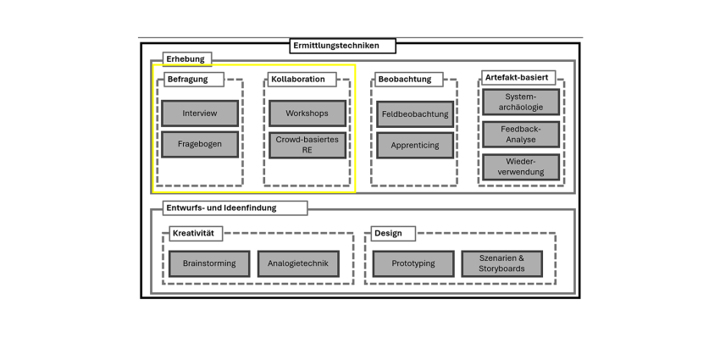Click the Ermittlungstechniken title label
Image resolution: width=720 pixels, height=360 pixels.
(342, 46)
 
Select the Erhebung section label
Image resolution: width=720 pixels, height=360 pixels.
(187, 59)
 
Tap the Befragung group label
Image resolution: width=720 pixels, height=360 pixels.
(194, 80)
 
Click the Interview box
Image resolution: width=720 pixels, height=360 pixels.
(200, 114)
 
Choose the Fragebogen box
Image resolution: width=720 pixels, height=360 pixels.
(200, 144)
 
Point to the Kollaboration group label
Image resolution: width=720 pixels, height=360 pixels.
(302, 80)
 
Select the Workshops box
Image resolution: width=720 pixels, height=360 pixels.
(307, 114)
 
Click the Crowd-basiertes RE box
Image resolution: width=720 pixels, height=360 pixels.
(307, 145)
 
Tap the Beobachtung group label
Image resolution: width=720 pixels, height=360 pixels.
(409, 80)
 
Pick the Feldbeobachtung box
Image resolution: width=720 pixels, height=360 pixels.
(415, 114)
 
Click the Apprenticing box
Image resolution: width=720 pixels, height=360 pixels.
(415, 146)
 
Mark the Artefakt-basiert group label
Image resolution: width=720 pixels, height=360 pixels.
(518, 78)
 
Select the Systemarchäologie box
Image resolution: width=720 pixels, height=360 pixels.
(521, 102)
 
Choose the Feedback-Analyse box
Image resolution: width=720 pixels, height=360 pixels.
(521, 135)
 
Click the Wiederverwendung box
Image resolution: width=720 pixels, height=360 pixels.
(521, 167)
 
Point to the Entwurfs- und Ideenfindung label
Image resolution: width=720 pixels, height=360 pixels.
(235, 208)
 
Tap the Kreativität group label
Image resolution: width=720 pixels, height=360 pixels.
(196, 234)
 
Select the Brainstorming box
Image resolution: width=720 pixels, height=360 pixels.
(209, 263)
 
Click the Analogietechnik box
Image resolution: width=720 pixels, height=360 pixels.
(298, 263)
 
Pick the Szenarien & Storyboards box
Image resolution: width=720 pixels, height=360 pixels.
(502, 263)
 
